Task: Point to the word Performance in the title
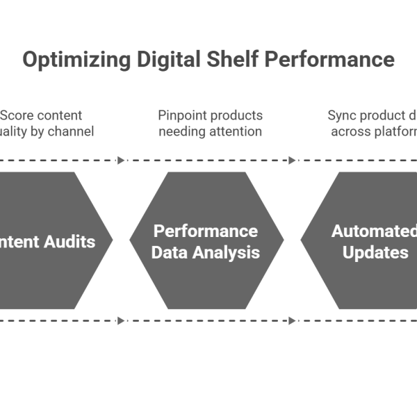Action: click(x=327, y=60)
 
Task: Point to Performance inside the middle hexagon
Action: click(x=206, y=231)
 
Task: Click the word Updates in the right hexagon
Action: click(x=375, y=252)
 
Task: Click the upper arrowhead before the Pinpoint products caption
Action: click(x=122, y=161)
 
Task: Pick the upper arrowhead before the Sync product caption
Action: click(x=293, y=161)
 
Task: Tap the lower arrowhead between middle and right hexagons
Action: click(x=293, y=321)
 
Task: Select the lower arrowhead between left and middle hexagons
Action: click(x=122, y=321)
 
